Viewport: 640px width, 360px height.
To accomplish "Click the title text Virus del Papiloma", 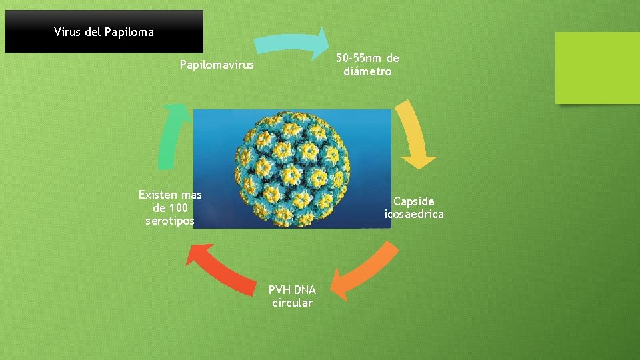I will pos(104,32).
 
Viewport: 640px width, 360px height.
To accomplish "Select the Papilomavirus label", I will pos(217,65).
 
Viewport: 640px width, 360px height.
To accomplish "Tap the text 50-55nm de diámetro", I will pos(367,65).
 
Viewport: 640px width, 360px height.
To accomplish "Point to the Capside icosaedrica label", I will pos(413,207).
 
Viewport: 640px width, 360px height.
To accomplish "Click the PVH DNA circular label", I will pos(292,296).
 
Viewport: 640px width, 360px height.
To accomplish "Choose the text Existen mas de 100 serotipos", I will pos(170,207).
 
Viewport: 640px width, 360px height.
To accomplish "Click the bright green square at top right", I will pos(597,68).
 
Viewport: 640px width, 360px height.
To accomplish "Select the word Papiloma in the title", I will pos(129,32).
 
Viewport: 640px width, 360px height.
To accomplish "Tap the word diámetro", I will pos(367,71).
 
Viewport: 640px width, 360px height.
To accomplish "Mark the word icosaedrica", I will pos(413,214).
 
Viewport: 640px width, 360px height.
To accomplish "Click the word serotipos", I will pos(170,221).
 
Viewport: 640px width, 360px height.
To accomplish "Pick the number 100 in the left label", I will pos(177,207).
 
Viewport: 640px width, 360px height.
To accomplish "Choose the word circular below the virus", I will pos(292,303).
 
